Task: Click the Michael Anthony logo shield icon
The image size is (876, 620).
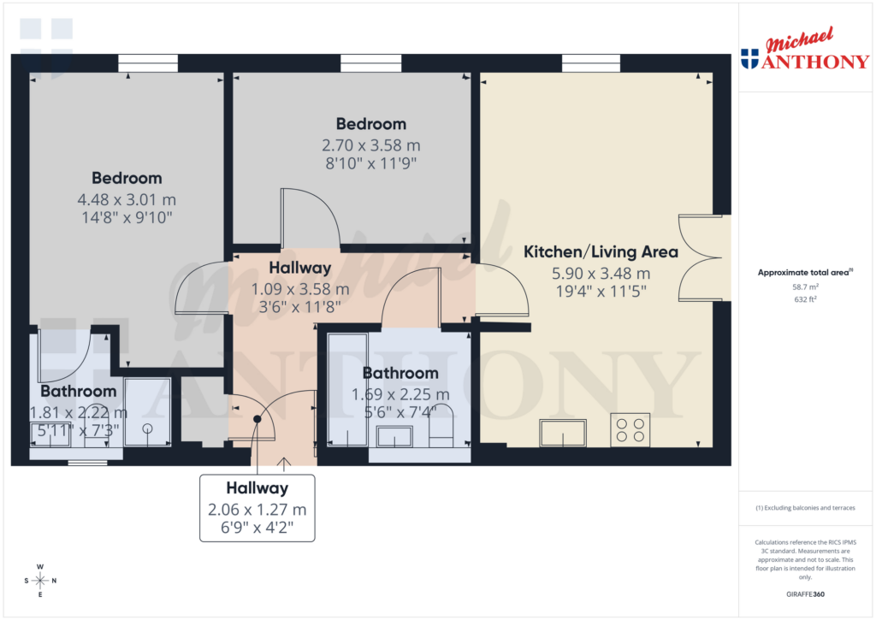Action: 749,59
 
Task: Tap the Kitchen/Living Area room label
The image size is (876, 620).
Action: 601,252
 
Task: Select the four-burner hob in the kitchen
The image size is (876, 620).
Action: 630,430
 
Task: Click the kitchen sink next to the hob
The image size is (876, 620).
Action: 562,433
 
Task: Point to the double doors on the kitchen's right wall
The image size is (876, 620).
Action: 703,257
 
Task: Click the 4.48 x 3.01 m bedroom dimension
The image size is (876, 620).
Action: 127,199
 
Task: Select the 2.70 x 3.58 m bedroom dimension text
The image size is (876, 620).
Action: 370,145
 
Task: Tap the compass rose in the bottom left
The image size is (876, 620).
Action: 40,581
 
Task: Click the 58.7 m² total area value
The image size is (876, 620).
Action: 804,288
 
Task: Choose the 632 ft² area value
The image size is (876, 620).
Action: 804,300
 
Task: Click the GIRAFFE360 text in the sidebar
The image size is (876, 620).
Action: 804,593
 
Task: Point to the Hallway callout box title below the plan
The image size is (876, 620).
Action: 257,488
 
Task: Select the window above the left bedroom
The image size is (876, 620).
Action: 147,63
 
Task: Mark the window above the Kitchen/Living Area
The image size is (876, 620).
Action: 591,63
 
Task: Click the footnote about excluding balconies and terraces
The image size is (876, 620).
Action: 804,508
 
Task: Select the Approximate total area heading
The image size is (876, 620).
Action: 804,273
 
